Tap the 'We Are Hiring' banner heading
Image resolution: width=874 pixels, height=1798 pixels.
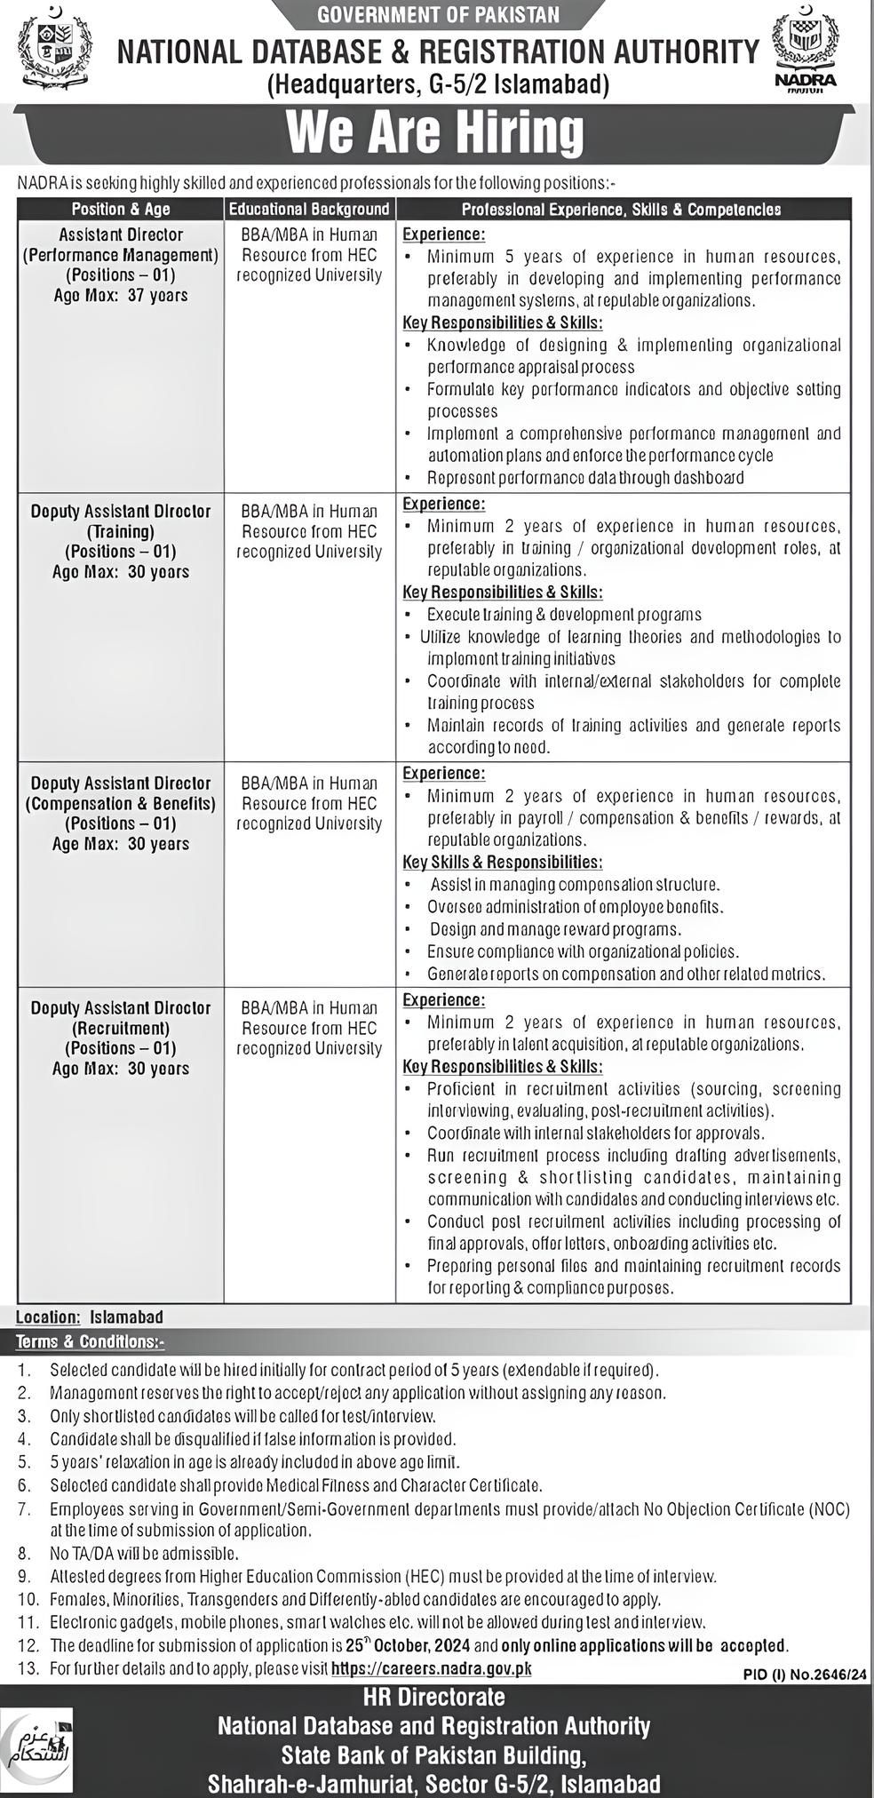(435, 133)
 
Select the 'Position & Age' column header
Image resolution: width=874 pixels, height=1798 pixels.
(121, 209)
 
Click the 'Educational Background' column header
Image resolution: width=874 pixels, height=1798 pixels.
(309, 209)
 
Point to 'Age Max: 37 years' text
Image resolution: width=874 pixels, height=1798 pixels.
(121, 295)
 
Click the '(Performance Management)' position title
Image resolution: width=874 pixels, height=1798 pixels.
(121, 255)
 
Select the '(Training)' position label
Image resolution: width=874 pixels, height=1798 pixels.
(121, 531)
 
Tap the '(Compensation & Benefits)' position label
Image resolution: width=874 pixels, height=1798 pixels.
(121, 803)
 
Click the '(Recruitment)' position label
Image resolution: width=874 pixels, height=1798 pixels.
(121, 1028)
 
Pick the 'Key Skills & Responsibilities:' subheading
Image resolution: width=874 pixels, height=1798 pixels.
(503, 862)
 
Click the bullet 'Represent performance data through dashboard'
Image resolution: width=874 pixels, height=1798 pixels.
(585, 477)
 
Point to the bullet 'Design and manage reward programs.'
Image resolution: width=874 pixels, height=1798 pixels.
(555, 929)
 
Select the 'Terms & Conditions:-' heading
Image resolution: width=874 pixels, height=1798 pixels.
(90, 1341)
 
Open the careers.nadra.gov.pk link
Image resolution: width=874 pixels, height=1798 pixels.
(432, 1668)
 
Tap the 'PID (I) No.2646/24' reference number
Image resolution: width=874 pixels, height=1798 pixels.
(805, 1674)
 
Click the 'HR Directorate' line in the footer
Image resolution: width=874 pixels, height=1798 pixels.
(434, 1697)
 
